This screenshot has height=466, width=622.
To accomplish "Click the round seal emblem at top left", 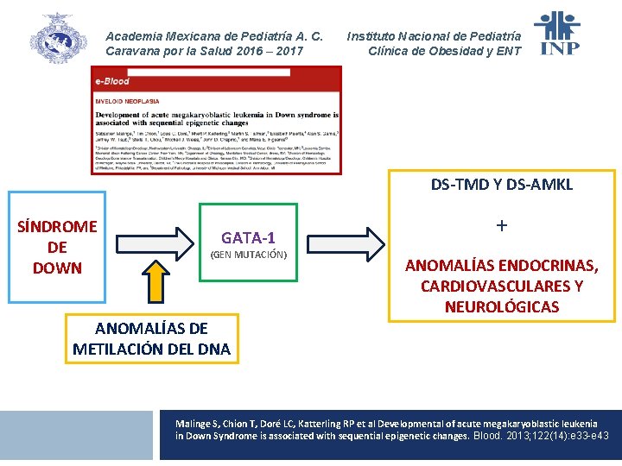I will tap(58, 39).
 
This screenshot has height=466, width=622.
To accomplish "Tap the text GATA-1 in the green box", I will tap(249, 237).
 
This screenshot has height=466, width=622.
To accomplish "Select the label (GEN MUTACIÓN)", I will tap(249, 255).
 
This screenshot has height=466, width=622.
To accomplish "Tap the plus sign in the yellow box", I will tap(502, 226).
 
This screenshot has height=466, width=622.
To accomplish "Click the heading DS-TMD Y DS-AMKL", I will tap(502, 186).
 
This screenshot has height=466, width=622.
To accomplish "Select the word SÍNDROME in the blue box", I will tap(57, 227).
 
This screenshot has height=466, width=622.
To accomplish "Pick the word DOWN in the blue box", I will tap(57, 268).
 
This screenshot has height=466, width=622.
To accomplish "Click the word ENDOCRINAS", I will tap(549, 266).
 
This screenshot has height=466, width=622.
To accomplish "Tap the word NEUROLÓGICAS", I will tap(502, 307).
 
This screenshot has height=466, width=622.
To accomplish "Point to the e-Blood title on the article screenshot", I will tap(112, 81).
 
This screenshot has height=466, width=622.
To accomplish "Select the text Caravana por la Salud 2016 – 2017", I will tap(204, 51).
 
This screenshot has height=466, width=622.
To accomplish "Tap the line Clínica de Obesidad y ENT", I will tap(445, 51).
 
